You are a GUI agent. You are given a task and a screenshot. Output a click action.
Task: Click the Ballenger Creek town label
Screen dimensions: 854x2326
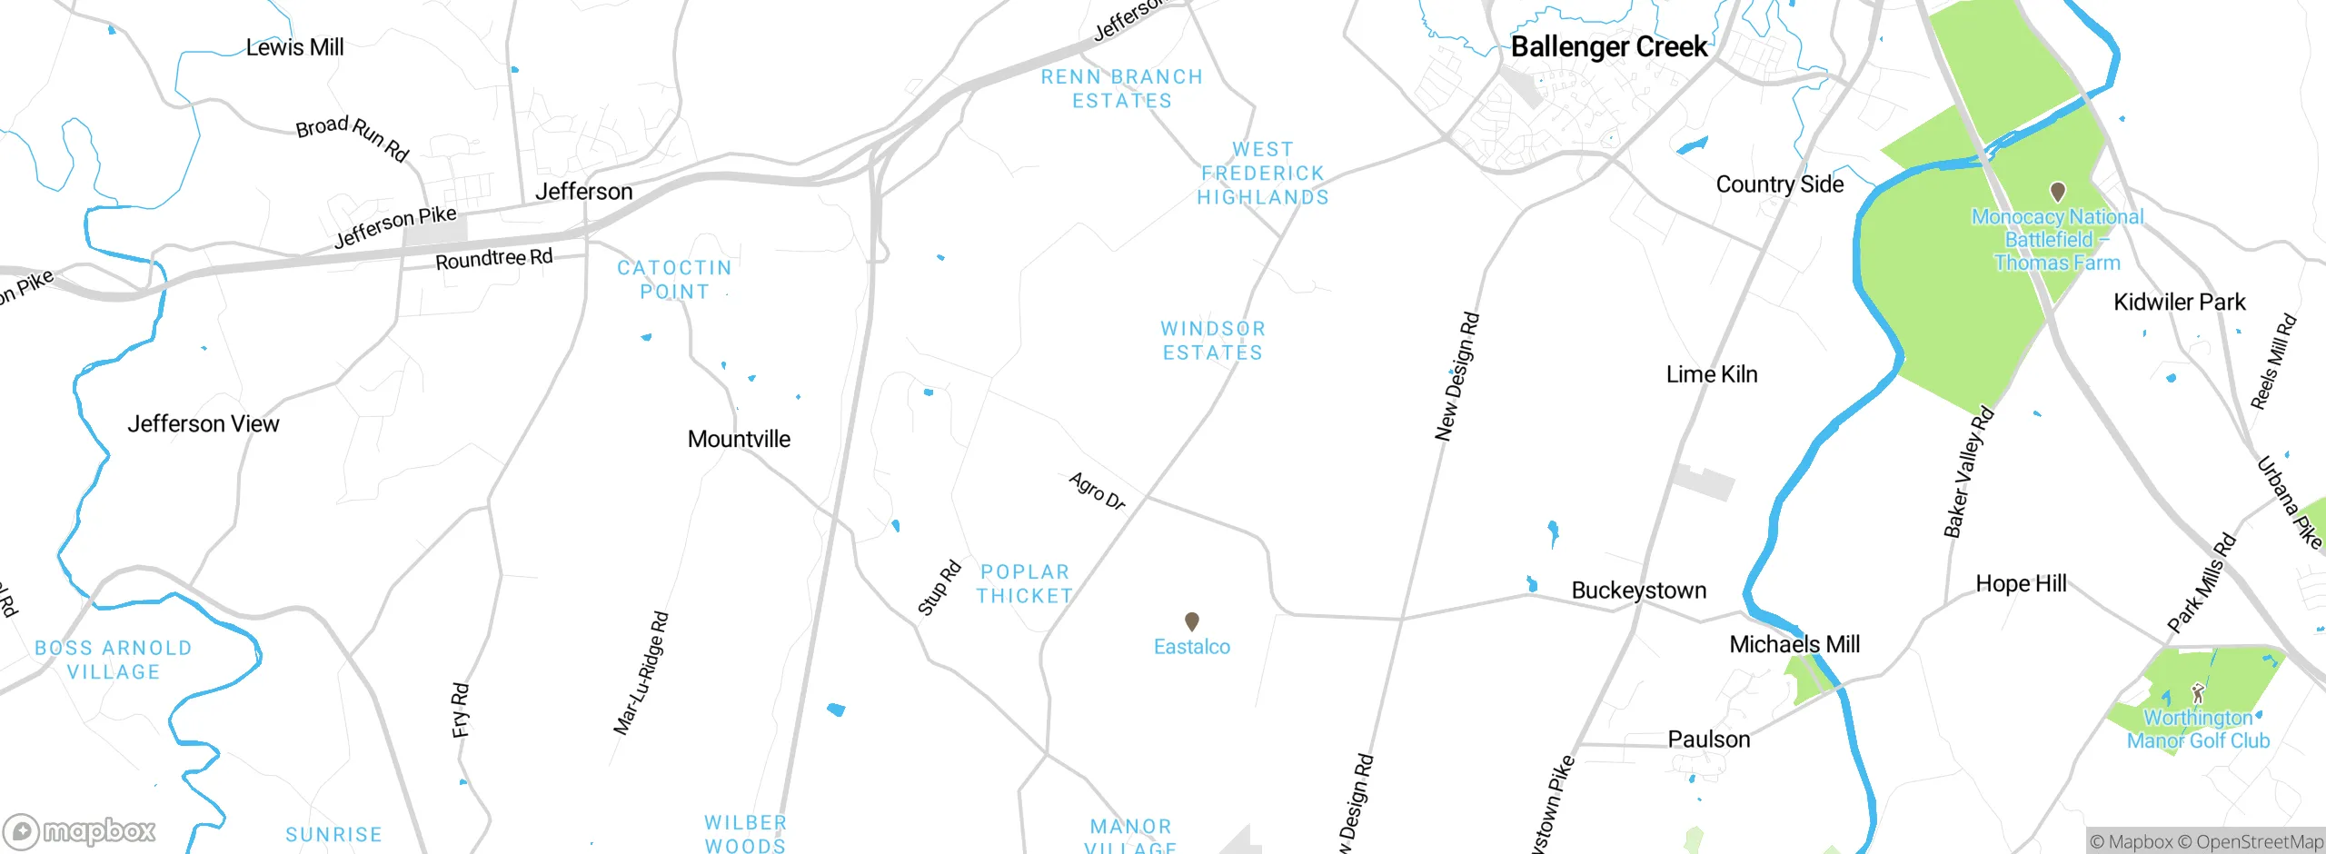pos(1609,47)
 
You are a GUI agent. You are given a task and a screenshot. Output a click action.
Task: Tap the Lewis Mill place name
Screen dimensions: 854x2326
pos(294,47)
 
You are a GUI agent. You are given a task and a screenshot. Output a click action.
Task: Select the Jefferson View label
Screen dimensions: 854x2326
pos(204,424)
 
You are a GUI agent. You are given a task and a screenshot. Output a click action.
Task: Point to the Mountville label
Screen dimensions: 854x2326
pos(739,440)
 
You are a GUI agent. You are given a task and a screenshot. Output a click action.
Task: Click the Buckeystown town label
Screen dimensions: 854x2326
pos(1639,591)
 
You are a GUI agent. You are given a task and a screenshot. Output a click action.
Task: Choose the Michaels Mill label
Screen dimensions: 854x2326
pos(1794,645)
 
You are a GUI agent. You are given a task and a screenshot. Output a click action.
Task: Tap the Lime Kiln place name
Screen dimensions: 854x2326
pos(1712,374)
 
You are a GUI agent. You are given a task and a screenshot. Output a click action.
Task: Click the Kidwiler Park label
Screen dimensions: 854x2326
pos(2179,303)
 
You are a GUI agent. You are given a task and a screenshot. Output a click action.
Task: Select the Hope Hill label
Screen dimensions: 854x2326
pos(2021,584)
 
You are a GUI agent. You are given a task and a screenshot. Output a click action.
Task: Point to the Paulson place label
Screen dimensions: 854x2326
pos(1708,740)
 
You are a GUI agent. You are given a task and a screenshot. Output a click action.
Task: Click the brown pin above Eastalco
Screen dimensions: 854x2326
pos(1192,621)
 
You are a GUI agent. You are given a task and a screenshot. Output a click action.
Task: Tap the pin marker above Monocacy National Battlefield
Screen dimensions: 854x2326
pos(2058,192)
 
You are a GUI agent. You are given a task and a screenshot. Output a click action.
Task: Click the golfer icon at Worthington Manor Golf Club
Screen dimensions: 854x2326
pos(2198,694)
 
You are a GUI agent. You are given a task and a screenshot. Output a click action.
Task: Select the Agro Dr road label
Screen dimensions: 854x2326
pos(1097,492)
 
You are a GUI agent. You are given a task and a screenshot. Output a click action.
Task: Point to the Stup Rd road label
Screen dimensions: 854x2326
pos(939,588)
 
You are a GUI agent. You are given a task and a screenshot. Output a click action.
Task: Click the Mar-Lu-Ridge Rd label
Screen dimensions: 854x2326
pos(641,673)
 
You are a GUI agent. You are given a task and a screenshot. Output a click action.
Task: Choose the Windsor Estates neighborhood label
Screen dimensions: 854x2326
pos(1213,341)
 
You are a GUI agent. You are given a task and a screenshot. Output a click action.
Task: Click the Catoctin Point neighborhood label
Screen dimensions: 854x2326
pos(674,280)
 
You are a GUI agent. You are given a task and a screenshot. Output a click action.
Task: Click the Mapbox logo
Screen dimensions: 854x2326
pos(80,831)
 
